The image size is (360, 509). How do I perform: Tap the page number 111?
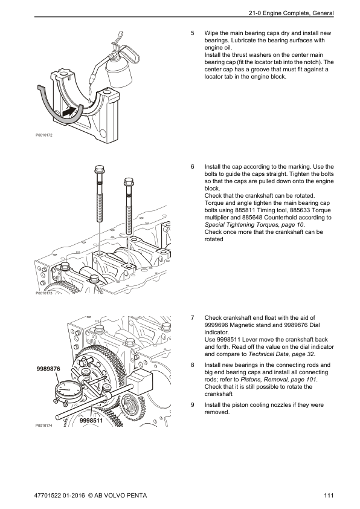329,496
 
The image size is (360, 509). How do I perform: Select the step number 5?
193,33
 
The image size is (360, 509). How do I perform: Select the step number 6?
193,166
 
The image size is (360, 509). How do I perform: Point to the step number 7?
193,317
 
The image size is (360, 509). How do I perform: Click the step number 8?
193,365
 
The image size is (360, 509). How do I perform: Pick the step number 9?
193,404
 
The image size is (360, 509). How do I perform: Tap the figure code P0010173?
44,293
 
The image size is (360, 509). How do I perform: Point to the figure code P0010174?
44,426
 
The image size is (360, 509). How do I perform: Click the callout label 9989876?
48,368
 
